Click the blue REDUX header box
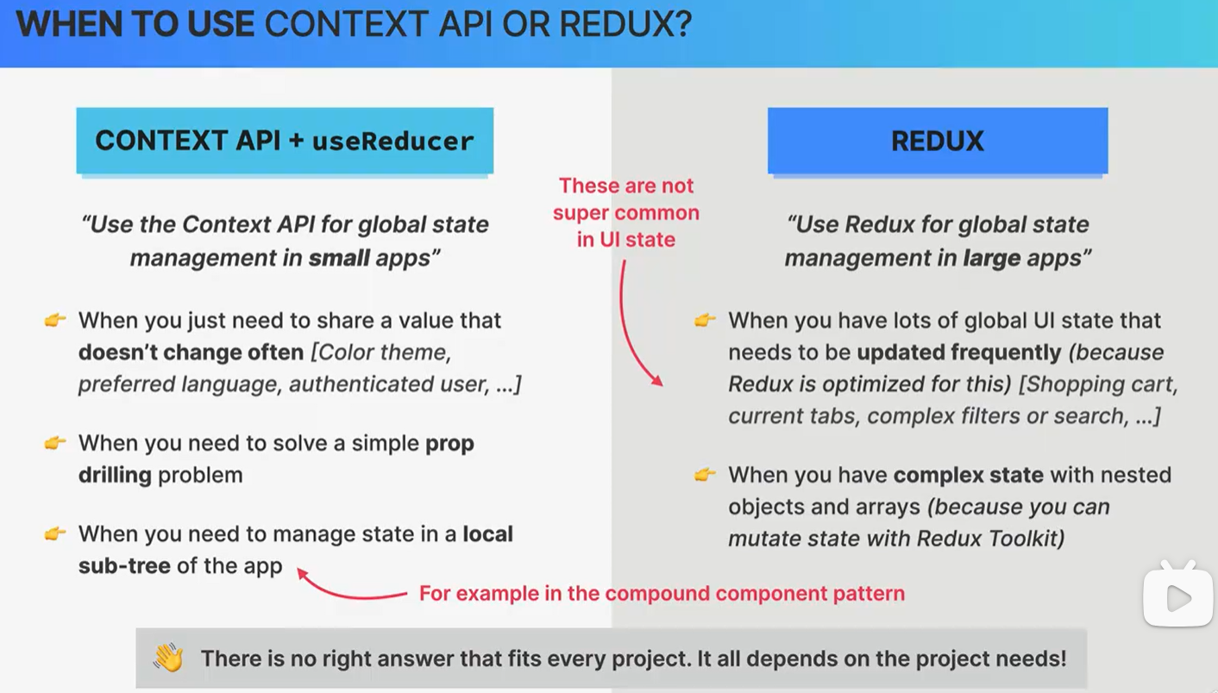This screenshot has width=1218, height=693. [938, 141]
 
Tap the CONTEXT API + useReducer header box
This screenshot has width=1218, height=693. [285, 141]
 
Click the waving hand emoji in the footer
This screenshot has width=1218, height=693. [168, 658]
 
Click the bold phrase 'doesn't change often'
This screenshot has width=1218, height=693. [191, 352]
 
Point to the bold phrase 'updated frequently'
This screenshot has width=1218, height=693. [958, 352]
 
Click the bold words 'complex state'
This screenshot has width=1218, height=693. [969, 475]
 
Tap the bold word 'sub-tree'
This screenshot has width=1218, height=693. [124, 566]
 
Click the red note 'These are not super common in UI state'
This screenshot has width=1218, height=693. [626, 212]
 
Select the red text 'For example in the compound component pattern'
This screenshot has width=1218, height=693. [662, 593]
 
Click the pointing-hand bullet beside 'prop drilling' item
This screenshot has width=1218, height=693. [55, 443]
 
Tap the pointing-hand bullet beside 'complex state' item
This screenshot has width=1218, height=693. [705, 475]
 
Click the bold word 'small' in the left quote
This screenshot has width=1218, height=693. [339, 257]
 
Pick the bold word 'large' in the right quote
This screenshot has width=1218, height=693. [992, 258]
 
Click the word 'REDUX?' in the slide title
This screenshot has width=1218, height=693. [625, 24]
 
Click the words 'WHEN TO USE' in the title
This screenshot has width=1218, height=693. [135, 24]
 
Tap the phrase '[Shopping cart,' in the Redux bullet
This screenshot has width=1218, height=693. [1098, 384]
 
